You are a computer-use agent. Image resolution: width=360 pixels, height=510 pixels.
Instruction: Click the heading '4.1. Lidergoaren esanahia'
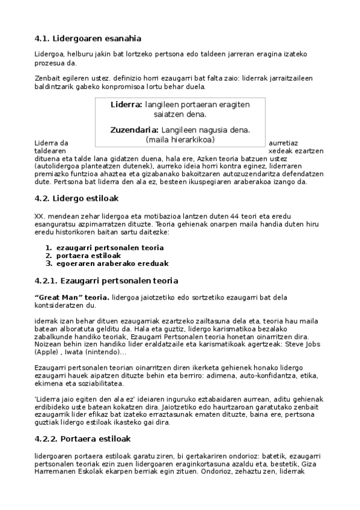coord(88,39)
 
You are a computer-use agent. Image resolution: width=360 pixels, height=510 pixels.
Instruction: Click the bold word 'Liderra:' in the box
coord(126,104)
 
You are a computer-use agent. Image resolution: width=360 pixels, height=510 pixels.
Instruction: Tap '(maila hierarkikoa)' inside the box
coord(180,140)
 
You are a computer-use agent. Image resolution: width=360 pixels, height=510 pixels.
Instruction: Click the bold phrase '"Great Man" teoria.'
coord(72,296)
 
